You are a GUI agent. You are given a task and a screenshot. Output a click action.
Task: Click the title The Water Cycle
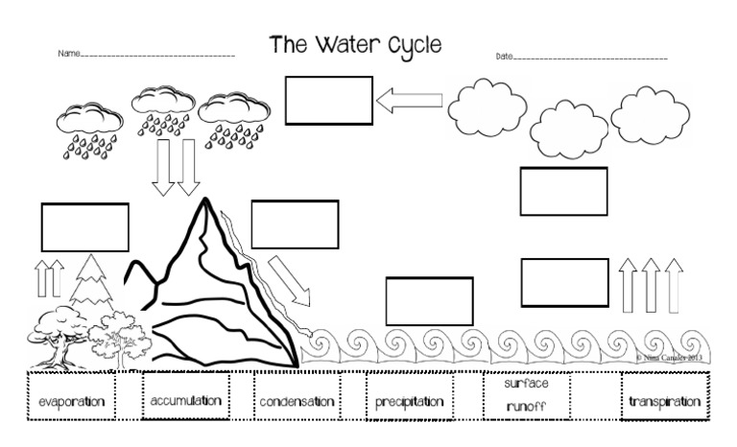pos(356,44)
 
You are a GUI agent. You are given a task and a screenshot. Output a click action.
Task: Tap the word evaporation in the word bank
pos(65,401)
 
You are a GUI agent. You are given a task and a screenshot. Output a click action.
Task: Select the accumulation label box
pos(185,400)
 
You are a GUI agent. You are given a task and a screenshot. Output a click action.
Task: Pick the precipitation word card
pos(410,401)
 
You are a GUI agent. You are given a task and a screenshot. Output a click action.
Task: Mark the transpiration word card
pos(662,401)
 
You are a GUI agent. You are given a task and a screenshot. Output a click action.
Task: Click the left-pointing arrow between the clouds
pos(409,100)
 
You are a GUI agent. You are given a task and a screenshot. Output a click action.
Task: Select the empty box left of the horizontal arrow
pos(328,101)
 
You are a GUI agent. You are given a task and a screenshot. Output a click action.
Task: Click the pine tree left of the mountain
pos(91,283)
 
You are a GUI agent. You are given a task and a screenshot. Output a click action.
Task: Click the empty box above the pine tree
pos(84,227)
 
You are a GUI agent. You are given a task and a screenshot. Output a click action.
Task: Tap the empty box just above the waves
pos(429,300)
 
